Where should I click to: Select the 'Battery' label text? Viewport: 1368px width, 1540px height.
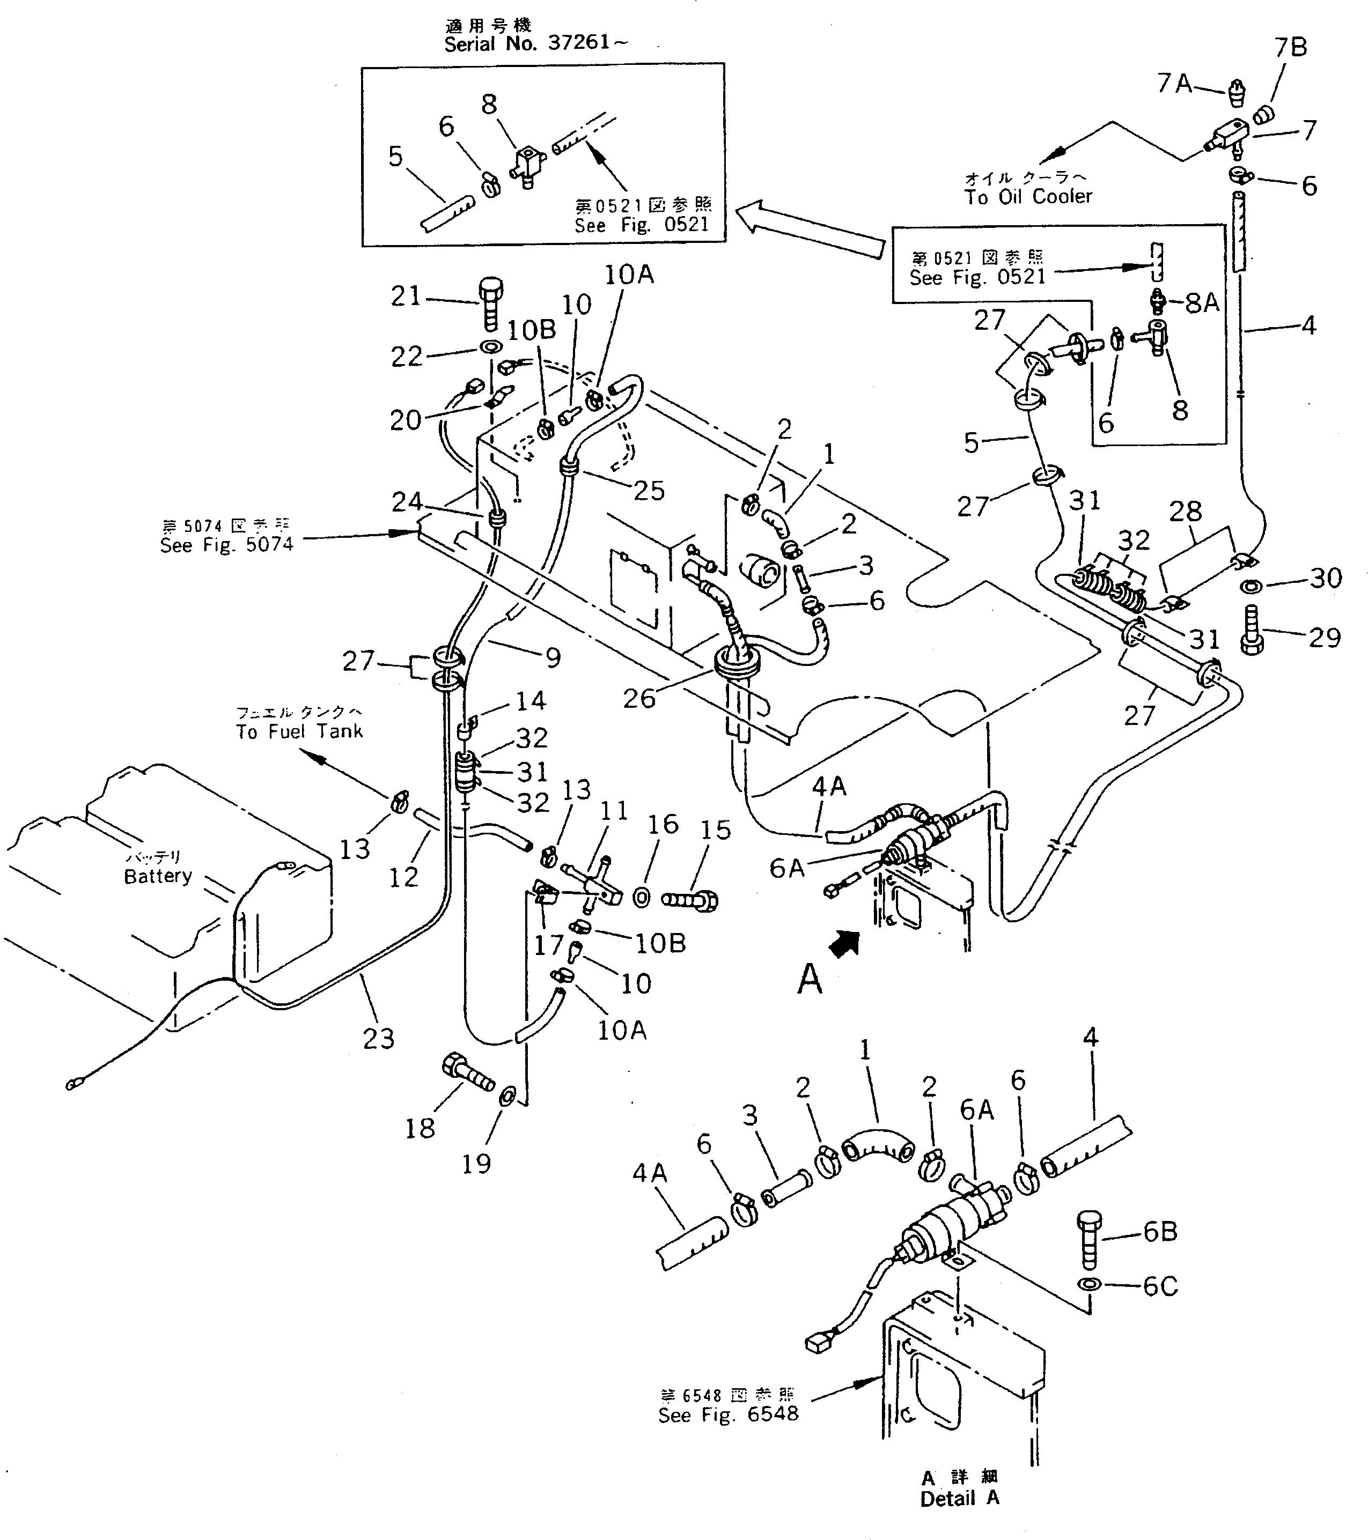point(158,876)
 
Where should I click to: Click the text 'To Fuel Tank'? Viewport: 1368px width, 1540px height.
point(299,731)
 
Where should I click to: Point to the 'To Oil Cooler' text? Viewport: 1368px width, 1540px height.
point(1028,197)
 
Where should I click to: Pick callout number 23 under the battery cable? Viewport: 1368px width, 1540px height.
point(378,1039)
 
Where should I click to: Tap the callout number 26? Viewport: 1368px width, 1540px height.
point(638,699)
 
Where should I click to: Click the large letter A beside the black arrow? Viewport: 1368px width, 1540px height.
point(810,980)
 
